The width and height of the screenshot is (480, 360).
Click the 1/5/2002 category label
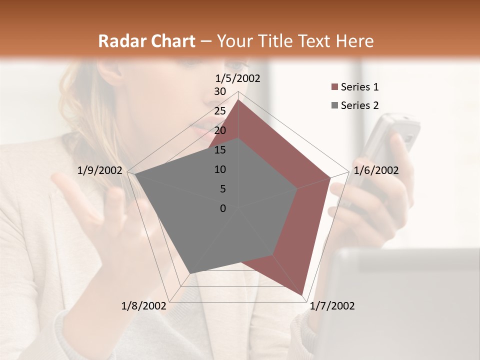click(238, 78)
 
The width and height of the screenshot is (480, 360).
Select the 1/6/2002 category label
click(376, 170)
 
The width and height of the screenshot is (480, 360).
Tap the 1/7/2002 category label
click(332, 306)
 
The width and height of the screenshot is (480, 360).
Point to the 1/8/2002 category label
click(144, 306)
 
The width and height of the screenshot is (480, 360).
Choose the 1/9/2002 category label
click(100, 170)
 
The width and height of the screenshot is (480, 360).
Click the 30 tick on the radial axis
click(220, 91)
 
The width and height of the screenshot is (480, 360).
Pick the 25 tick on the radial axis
click(220, 111)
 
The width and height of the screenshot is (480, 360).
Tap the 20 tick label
click(220, 130)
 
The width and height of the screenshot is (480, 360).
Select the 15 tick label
click(220, 150)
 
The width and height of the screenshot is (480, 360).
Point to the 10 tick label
click(220, 169)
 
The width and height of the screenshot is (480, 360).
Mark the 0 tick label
click(223, 208)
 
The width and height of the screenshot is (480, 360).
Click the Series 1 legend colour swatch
click(334, 87)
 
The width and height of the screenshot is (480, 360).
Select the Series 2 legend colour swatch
click(334, 105)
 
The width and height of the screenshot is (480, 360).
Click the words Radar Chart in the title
click(146, 41)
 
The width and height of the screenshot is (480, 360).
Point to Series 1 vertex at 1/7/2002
click(302, 294)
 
